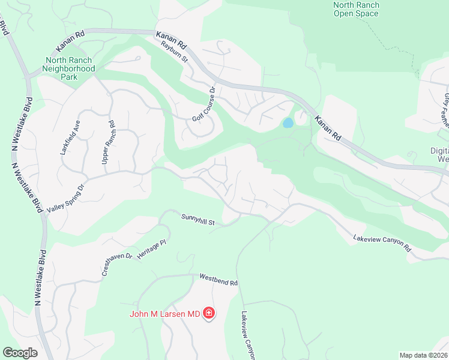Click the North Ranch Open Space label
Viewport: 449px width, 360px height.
click(355, 9)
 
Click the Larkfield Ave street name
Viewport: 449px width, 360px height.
click(69, 137)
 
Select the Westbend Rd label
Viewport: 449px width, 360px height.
click(218, 280)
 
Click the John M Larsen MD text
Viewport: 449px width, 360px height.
click(165, 313)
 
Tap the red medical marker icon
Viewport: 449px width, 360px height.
click(209, 313)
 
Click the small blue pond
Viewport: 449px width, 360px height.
click(288, 123)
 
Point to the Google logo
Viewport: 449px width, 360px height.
click(20, 353)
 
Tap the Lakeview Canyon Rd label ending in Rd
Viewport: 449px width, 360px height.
click(382, 242)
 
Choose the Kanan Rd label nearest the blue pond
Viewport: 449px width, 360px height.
click(328, 127)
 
